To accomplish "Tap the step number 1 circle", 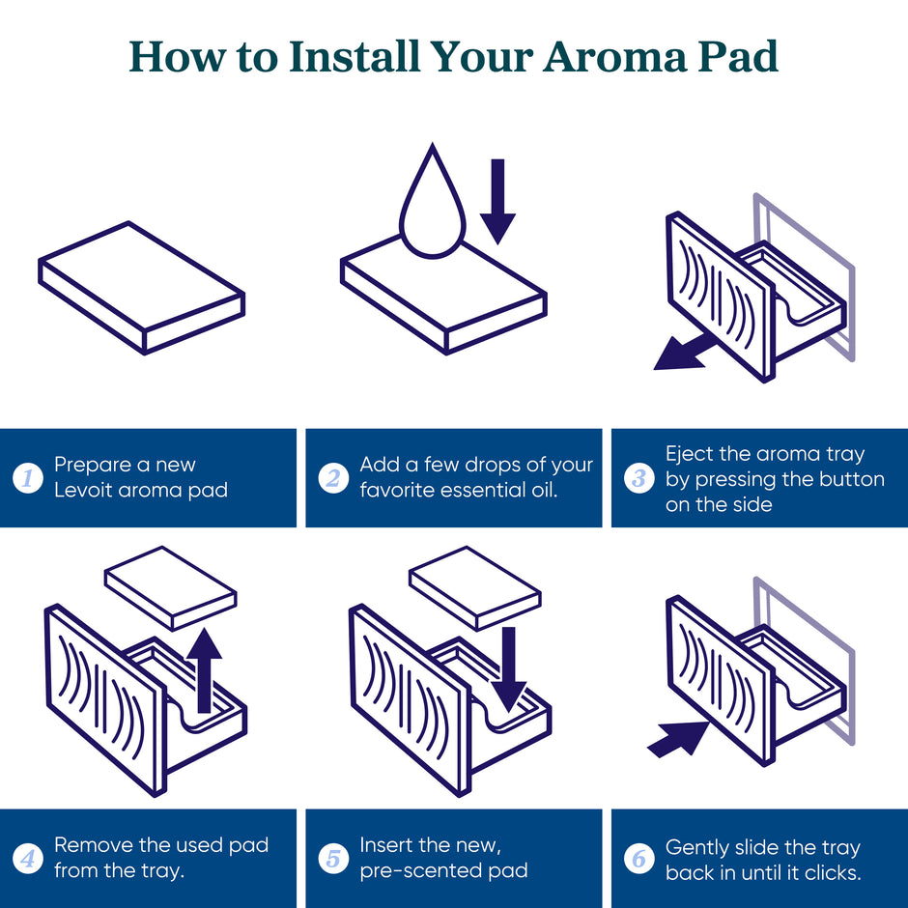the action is tap(28, 478).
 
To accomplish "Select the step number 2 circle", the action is tap(333, 478).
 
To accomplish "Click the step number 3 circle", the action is tap(639, 478).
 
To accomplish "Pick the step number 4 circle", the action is tap(28, 858).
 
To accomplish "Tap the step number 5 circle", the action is tap(333, 858).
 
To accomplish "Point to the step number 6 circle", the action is tap(639, 858).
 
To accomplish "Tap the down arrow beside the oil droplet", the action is tap(497, 202).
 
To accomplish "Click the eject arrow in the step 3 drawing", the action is tap(683, 352).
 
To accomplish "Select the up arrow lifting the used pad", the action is tap(204, 670).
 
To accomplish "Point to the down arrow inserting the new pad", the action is tap(508, 669).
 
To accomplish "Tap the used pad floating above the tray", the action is tap(171, 587).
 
